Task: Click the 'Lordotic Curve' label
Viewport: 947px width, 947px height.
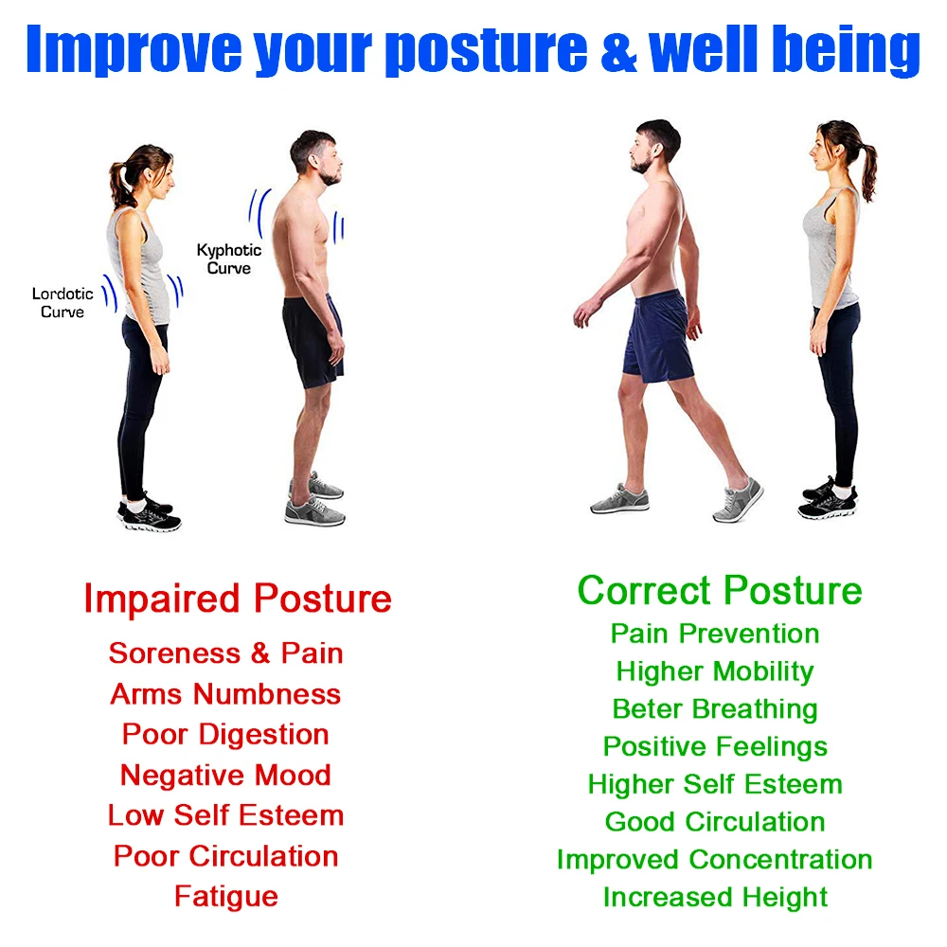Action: coord(63,303)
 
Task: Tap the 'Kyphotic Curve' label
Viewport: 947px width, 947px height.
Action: coord(229,259)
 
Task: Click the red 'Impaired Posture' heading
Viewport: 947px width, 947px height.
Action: coord(238,599)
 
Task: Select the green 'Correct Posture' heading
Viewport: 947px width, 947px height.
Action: coord(720,590)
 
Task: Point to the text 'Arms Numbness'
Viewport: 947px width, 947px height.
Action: coord(225,694)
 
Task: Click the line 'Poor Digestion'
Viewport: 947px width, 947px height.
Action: coord(225,735)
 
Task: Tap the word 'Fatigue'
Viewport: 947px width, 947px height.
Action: coord(226,897)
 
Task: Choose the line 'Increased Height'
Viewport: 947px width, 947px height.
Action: coord(715,898)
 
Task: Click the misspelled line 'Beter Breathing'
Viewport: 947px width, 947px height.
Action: coord(715,709)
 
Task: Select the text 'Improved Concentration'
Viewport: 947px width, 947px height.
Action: coord(714,860)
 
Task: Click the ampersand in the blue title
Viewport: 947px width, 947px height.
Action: coord(618,49)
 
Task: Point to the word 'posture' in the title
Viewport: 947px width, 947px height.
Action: coord(486,52)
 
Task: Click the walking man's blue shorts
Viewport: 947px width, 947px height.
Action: coord(658,336)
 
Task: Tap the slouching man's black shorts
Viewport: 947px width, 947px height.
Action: coord(313,340)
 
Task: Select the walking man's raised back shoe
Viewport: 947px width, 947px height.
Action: coord(738,500)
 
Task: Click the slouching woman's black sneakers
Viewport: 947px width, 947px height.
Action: coord(150,514)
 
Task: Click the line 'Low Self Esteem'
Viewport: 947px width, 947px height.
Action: coord(226,815)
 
